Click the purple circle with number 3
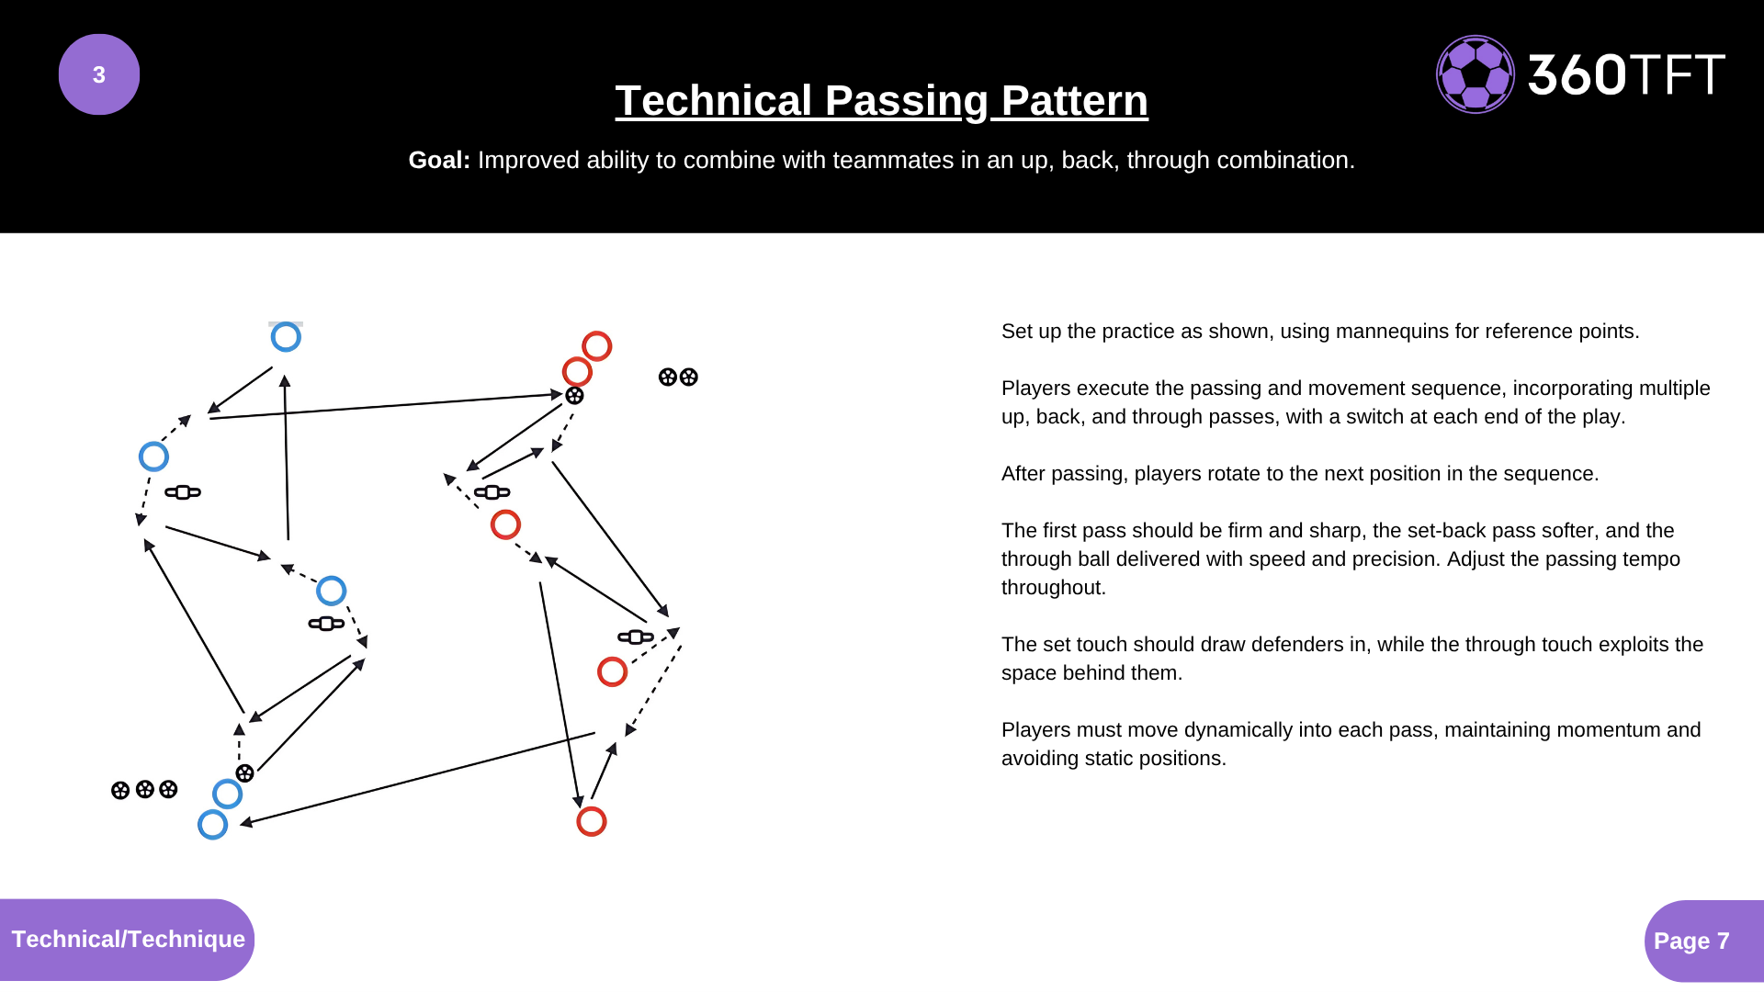pyautogui.click(x=99, y=74)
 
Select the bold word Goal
pyautogui.click(x=439, y=160)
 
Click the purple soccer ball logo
pyautogui.click(x=1476, y=74)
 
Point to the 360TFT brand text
pyautogui.click(x=1626, y=74)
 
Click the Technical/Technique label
pyautogui.click(x=128, y=940)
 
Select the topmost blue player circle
pyautogui.click(x=286, y=337)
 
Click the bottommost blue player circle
pyautogui.click(x=212, y=824)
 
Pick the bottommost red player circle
pyautogui.click(x=592, y=821)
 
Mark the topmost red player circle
pyautogui.click(x=597, y=346)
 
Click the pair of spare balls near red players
pyautogui.click(x=678, y=377)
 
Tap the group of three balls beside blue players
pyautogui.click(x=144, y=789)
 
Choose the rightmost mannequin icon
pyautogui.click(x=636, y=637)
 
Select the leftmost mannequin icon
pyautogui.click(x=183, y=492)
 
